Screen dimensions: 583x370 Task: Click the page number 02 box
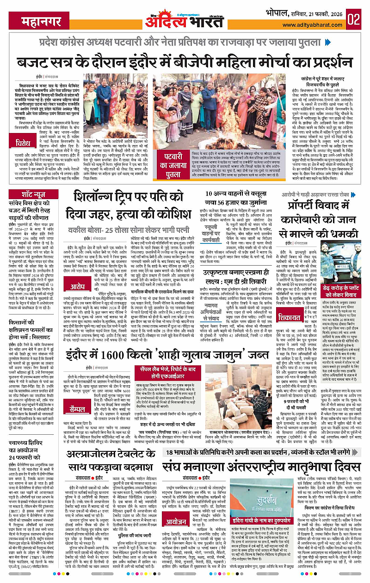354,19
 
